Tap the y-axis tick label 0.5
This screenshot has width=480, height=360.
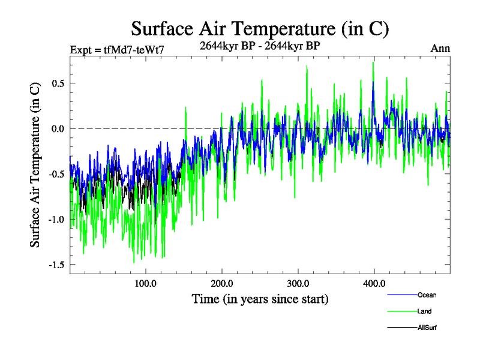[58, 83]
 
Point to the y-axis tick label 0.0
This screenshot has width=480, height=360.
[58, 128]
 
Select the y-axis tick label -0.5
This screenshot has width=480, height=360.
[56, 174]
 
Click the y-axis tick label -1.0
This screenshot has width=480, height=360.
[56, 220]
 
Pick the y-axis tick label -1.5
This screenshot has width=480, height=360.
[56, 265]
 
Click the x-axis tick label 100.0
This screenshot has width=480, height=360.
[146, 284]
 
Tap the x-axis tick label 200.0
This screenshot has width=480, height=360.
[222, 284]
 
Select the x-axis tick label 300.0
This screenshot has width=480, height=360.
[298, 284]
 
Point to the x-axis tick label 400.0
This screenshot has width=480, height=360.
[374, 284]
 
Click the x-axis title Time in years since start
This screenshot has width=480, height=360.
[260, 298]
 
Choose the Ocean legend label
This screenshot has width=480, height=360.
[427, 295]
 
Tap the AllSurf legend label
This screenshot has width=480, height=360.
[428, 328]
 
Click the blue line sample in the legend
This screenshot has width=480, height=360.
[401, 295]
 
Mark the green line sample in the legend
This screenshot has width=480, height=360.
[401, 311]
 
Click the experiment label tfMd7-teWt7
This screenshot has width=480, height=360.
[117, 50]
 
